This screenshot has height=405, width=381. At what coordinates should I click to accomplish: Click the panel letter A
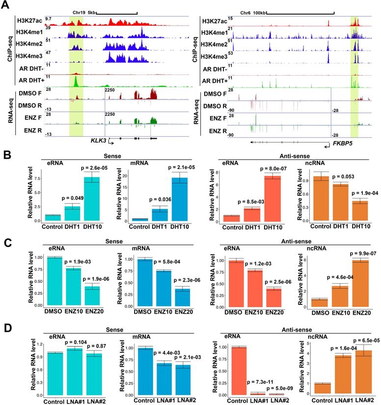[x=7, y=6]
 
